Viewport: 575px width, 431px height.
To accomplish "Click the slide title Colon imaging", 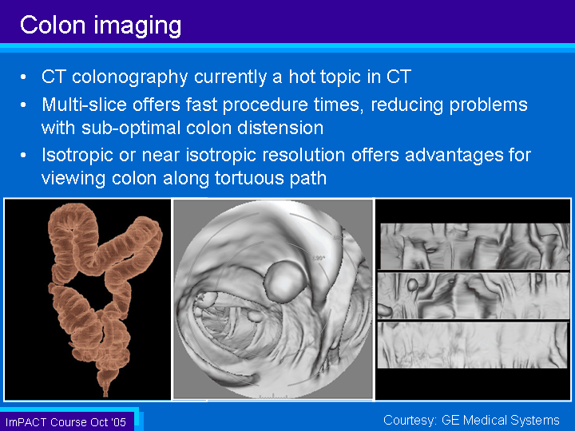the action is pyautogui.click(x=101, y=26).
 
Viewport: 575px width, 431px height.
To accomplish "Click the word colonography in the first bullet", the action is pyautogui.click(x=130, y=77).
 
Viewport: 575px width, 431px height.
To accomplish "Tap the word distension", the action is pyautogui.click(x=280, y=128).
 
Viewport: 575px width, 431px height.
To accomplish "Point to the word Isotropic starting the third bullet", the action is pyautogui.click(x=77, y=155).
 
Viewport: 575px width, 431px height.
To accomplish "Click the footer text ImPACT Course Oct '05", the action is pyautogui.click(x=65, y=422).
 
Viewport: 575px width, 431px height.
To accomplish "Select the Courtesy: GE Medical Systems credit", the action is pyautogui.click(x=471, y=420).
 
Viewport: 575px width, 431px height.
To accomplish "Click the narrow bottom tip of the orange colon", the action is pyautogui.click(x=105, y=394).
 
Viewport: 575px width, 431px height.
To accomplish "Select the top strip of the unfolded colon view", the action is pyautogui.click(x=475, y=246).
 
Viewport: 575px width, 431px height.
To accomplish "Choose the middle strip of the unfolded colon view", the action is pyautogui.click(x=473, y=295).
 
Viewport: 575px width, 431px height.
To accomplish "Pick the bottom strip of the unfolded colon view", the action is pyautogui.click(x=473, y=345).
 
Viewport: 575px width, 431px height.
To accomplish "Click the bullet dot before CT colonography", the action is pyautogui.click(x=23, y=77).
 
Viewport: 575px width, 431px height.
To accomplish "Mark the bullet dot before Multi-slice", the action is pyautogui.click(x=23, y=105).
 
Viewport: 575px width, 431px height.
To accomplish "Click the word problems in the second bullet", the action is pyautogui.click(x=488, y=105).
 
